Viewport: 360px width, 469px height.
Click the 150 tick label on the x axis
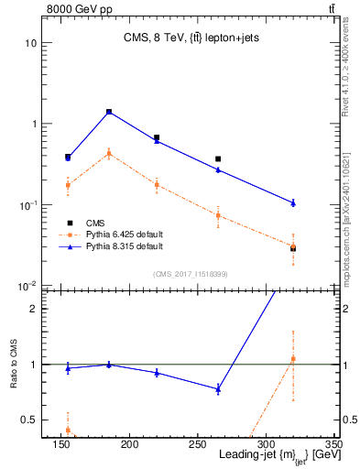pyautogui.click(x=140, y=444)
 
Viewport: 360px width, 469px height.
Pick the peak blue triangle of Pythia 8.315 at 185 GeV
pyautogui.click(x=109, y=112)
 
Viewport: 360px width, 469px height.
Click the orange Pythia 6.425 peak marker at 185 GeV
pyautogui.click(x=109, y=153)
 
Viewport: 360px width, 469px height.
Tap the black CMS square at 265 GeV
pyautogui.click(x=218, y=158)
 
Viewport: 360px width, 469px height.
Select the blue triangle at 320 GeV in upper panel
pyautogui.click(x=293, y=202)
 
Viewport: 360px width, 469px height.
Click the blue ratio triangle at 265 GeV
pyautogui.click(x=218, y=388)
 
